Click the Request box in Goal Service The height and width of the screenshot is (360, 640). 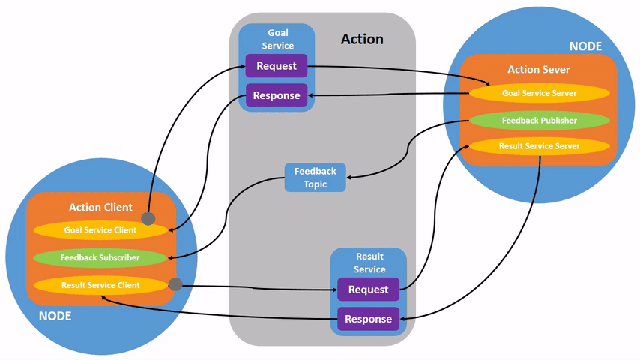click(277, 66)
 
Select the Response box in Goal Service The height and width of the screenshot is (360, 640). click(277, 95)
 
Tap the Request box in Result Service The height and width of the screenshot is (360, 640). click(368, 289)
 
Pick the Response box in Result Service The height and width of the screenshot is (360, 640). click(368, 319)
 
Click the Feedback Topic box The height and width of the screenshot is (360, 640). click(316, 178)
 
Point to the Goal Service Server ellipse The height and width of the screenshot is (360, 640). click(539, 93)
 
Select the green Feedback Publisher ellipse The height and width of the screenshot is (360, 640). click(539, 120)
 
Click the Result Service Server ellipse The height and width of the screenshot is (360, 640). click(539, 146)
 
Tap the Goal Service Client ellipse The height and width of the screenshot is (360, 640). click(100, 230)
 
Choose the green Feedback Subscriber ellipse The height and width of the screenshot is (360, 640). click(100, 257)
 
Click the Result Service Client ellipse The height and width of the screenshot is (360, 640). click(100, 285)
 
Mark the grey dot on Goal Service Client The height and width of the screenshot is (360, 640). click(148, 218)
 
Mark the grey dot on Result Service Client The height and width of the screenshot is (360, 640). click(175, 284)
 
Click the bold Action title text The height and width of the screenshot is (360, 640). click(362, 39)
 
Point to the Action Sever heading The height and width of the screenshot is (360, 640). click(539, 69)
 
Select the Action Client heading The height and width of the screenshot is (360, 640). click(100, 207)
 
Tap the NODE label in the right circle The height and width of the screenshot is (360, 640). click(585, 46)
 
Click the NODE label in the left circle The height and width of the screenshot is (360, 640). click(55, 316)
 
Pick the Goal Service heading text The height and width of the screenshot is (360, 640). click(277, 39)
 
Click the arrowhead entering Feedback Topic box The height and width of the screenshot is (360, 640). click(351, 177)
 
